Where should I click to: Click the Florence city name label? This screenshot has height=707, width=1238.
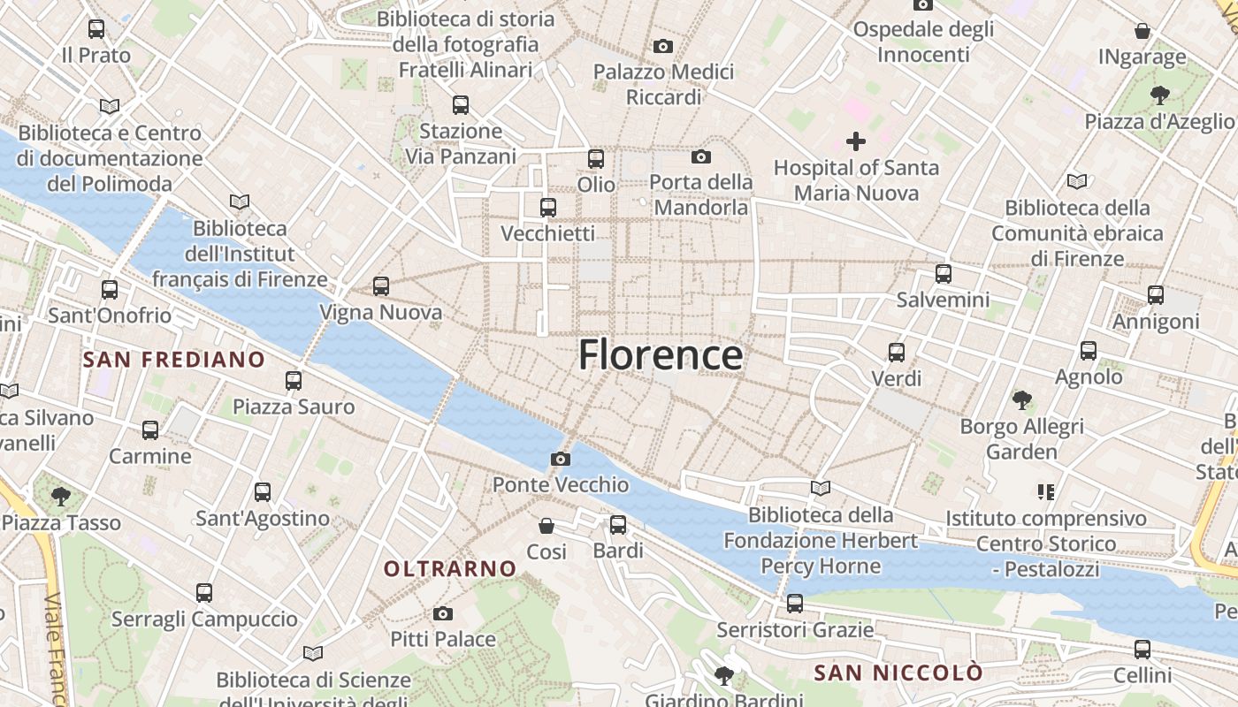point(661,355)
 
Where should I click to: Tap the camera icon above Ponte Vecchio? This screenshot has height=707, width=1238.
point(560,459)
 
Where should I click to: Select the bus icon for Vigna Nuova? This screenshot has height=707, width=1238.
point(381,286)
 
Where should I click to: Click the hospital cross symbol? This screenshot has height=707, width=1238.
point(855,141)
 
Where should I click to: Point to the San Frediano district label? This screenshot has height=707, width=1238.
point(173,360)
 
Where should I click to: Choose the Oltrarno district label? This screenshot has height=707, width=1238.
point(450,568)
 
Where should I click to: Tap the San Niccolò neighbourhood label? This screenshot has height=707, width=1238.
point(898,673)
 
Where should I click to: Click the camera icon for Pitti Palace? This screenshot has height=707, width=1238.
point(443,613)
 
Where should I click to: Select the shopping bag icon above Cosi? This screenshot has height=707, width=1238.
point(546,526)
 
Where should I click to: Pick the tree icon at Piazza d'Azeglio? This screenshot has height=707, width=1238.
point(1159,95)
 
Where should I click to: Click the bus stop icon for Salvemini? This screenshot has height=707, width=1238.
point(944,274)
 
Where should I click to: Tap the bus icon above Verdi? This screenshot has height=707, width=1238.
point(897,353)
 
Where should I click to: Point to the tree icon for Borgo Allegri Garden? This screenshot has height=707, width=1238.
point(1022,400)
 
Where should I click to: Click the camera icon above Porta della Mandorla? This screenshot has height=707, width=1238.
point(701,157)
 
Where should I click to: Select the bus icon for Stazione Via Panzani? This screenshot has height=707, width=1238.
point(461,105)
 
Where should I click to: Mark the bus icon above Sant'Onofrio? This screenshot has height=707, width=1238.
point(110,289)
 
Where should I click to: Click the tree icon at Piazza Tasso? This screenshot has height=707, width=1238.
point(61,496)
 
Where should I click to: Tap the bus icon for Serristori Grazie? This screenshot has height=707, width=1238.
point(795,604)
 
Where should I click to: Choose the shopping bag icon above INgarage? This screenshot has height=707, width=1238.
point(1142,31)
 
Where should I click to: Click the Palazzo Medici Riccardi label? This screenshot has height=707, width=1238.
point(663,84)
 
